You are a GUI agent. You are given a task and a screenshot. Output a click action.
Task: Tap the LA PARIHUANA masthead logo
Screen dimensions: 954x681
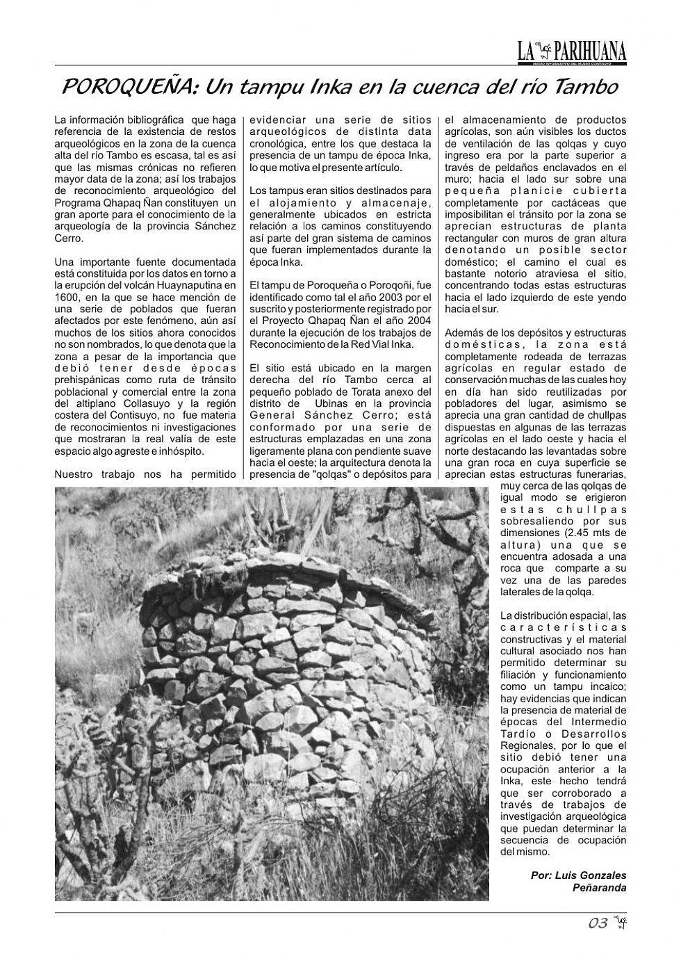(x=571, y=51)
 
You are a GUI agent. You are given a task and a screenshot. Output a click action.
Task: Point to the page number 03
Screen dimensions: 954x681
(x=598, y=923)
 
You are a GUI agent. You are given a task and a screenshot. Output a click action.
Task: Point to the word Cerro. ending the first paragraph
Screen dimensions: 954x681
(x=69, y=238)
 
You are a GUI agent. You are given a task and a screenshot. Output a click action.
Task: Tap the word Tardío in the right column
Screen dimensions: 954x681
(x=518, y=734)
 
